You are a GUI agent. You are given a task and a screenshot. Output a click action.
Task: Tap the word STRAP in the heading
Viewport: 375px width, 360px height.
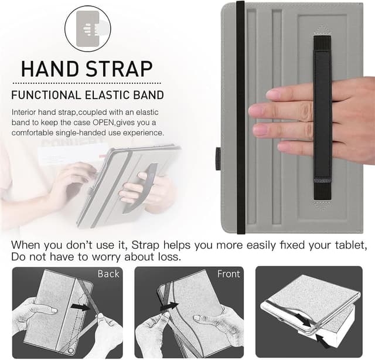[x=121, y=68]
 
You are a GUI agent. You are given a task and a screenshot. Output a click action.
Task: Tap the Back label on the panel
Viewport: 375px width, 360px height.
[x=108, y=274]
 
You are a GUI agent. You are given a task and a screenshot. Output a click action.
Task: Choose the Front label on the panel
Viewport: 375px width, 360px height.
[x=229, y=274]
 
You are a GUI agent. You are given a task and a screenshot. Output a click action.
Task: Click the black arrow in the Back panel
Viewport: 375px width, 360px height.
[x=83, y=305]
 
